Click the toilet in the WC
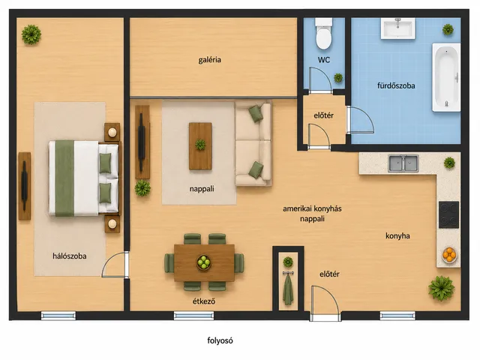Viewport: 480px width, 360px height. (x=323, y=34)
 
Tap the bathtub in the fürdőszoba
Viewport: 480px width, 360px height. (x=446, y=77)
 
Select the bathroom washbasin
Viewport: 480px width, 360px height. (x=398, y=28)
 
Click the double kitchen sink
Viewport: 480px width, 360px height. (x=403, y=163)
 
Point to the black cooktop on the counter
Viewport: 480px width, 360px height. (x=448, y=214)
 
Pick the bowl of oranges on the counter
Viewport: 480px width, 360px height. (x=449, y=255)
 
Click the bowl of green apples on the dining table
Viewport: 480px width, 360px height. (x=203, y=262)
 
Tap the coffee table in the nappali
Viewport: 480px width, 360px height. (x=200, y=146)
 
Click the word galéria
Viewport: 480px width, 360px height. (x=210, y=60)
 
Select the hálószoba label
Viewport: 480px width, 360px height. (x=70, y=256)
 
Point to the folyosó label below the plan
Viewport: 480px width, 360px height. (x=220, y=340)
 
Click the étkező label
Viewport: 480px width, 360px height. (x=204, y=301)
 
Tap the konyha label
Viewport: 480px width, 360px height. (x=397, y=235)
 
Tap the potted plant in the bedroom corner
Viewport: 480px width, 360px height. (x=31, y=34)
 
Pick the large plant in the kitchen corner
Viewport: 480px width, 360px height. (x=441, y=288)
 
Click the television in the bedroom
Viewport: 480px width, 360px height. (x=25, y=186)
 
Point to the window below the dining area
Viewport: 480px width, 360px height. (x=193, y=316)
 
